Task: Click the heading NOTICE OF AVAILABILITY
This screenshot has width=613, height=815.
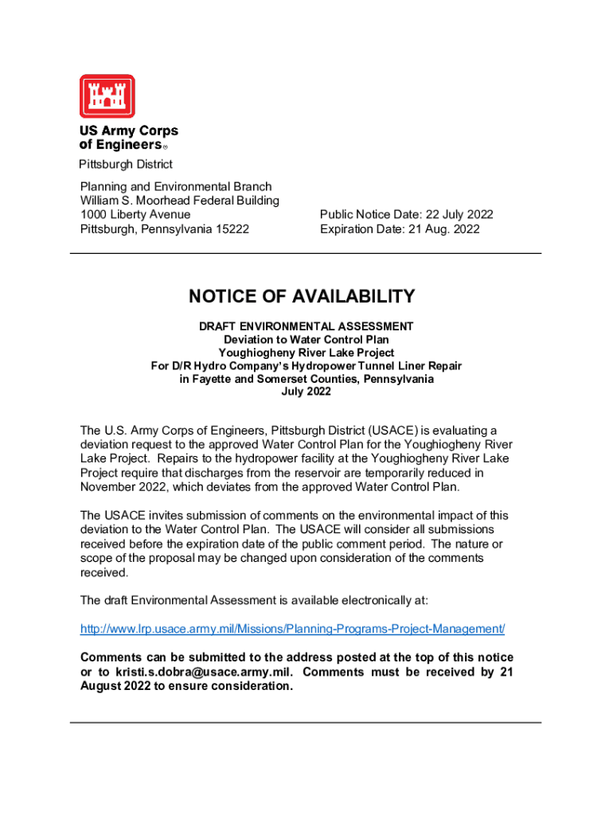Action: [x=302, y=297]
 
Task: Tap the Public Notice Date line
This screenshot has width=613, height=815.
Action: [x=406, y=215]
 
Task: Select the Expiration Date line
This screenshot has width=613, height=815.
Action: [x=400, y=229]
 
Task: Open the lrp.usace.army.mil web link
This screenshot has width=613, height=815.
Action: [x=292, y=629]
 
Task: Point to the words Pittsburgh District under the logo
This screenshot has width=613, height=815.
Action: [x=125, y=165]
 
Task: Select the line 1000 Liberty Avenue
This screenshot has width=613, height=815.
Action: [x=135, y=215]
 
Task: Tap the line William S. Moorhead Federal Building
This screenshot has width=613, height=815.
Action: [x=180, y=201]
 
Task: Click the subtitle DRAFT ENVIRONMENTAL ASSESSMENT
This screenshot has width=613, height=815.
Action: [x=306, y=326]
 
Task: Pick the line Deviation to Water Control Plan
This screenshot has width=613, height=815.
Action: [x=306, y=340]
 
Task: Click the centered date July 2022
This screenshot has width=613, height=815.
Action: [x=306, y=392]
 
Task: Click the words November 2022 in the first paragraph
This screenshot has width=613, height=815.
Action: [x=123, y=487]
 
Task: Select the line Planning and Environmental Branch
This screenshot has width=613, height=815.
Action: [x=176, y=186]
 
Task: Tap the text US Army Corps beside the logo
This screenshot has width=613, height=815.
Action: [x=128, y=131]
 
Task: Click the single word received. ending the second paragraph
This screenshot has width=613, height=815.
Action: [x=103, y=572]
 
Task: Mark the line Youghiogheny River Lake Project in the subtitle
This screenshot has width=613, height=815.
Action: [x=306, y=353]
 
